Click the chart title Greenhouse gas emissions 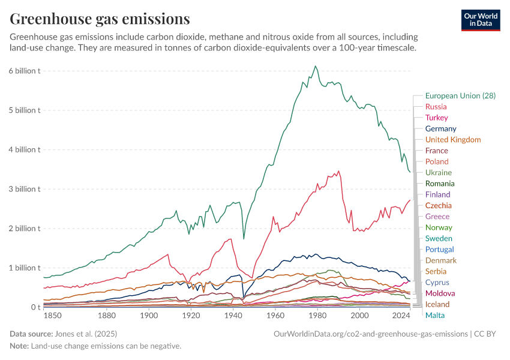[100, 19]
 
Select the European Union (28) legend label [460, 96]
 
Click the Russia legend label [436, 107]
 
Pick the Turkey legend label [436, 118]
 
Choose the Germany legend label [440, 128]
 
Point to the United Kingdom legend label [452, 140]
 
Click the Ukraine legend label [438, 172]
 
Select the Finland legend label [437, 194]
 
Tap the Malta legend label [435, 315]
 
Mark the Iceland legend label [437, 304]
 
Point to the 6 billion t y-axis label [25, 71]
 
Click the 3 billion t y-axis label [25, 189]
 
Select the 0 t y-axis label [36, 307]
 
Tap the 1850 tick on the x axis [52, 315]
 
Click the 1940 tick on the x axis [233, 315]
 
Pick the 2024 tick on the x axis [401, 315]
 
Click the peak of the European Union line [316, 66]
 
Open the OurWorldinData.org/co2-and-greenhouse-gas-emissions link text [370, 334]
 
